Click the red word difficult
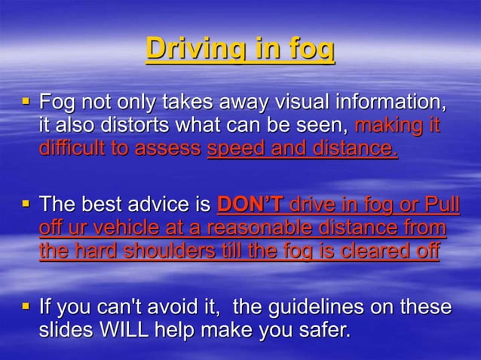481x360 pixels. [x=72, y=148]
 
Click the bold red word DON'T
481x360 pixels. [x=249, y=204]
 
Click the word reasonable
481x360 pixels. [x=280, y=227]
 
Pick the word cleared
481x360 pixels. [x=363, y=251]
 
